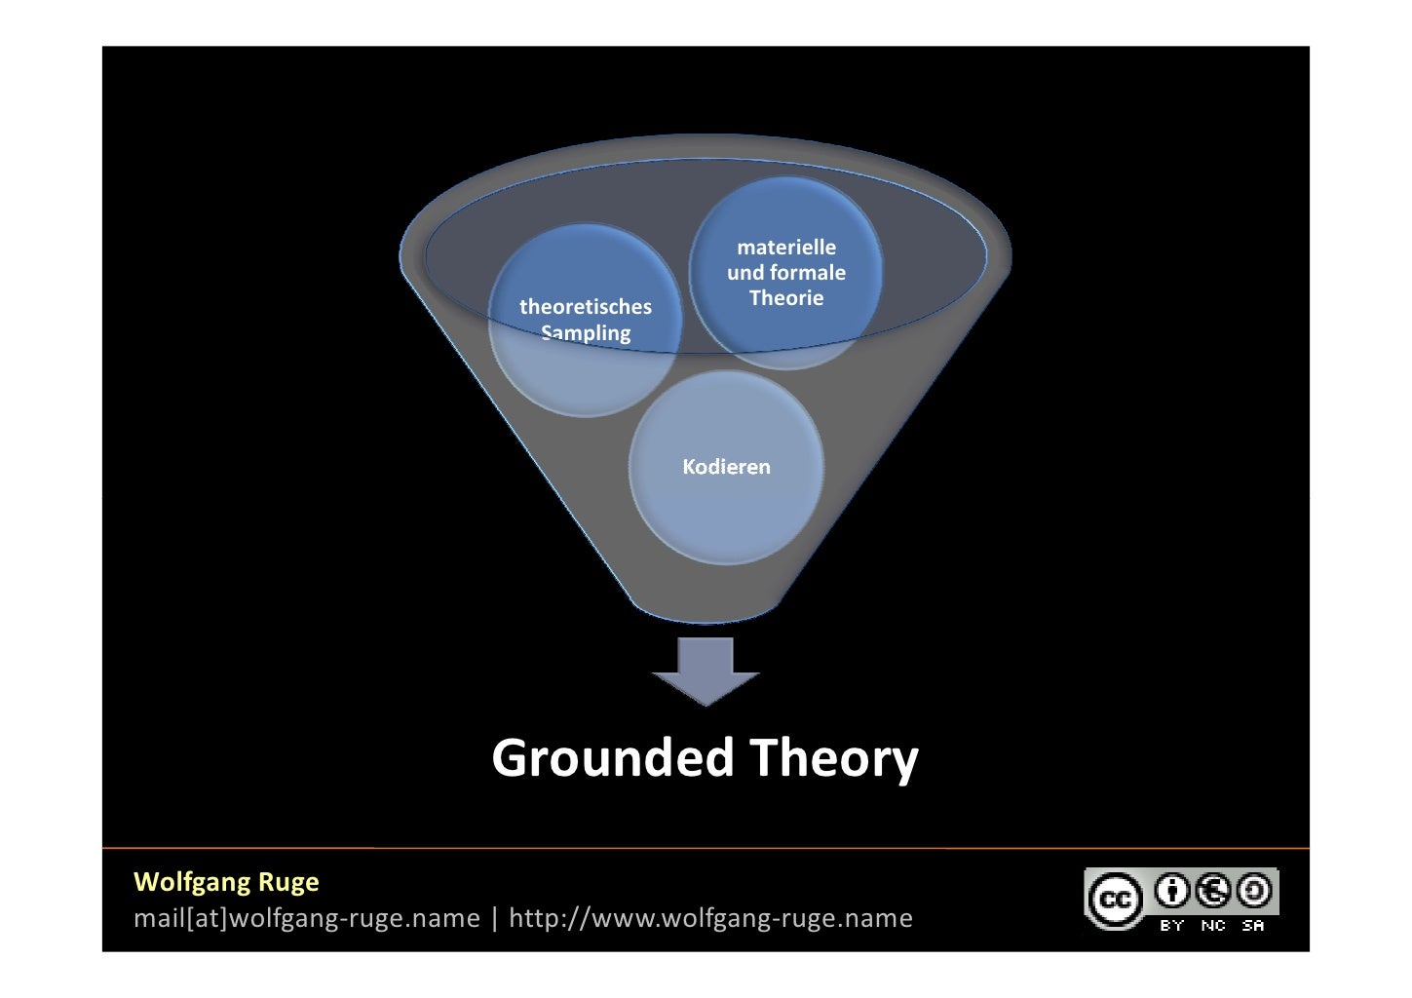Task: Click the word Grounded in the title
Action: point(612,758)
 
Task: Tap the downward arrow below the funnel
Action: point(706,672)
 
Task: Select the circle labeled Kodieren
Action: point(726,467)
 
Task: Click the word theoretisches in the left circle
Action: point(585,306)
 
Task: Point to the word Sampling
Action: point(586,333)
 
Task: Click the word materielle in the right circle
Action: point(786,248)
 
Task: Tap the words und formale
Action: point(786,273)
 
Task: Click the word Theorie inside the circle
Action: point(786,298)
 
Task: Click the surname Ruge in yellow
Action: point(288,882)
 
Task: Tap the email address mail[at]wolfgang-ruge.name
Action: point(306,918)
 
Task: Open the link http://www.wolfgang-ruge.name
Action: point(710,918)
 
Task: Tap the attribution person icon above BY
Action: point(1172,890)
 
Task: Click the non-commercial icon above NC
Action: point(1213,890)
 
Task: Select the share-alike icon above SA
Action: point(1253,890)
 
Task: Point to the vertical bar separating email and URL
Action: point(494,918)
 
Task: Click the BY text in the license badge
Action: point(1172,925)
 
